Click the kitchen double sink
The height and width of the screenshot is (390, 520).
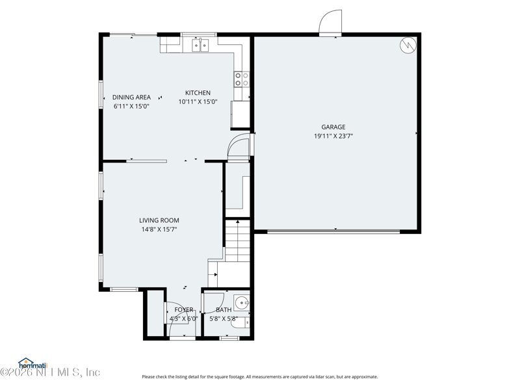click(200, 44)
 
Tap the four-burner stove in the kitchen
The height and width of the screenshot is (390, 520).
click(242, 79)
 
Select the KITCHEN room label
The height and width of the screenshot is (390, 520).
click(198, 93)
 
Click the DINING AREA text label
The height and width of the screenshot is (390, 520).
click(131, 97)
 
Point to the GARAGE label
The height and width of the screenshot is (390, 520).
click(333, 127)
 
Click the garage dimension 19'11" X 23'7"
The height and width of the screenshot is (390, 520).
click(333, 136)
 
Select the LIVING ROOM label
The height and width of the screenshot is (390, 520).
click(159, 220)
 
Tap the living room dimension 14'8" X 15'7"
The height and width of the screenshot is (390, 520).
click(159, 229)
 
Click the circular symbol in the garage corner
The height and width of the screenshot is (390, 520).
click(408, 45)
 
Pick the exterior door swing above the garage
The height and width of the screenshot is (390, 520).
click(330, 23)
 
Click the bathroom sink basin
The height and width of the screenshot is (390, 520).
click(241, 302)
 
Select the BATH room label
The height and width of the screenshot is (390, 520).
click(224, 310)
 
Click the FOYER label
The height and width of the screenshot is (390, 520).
click(183, 310)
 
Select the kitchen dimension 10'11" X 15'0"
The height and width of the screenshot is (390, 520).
click(198, 102)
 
